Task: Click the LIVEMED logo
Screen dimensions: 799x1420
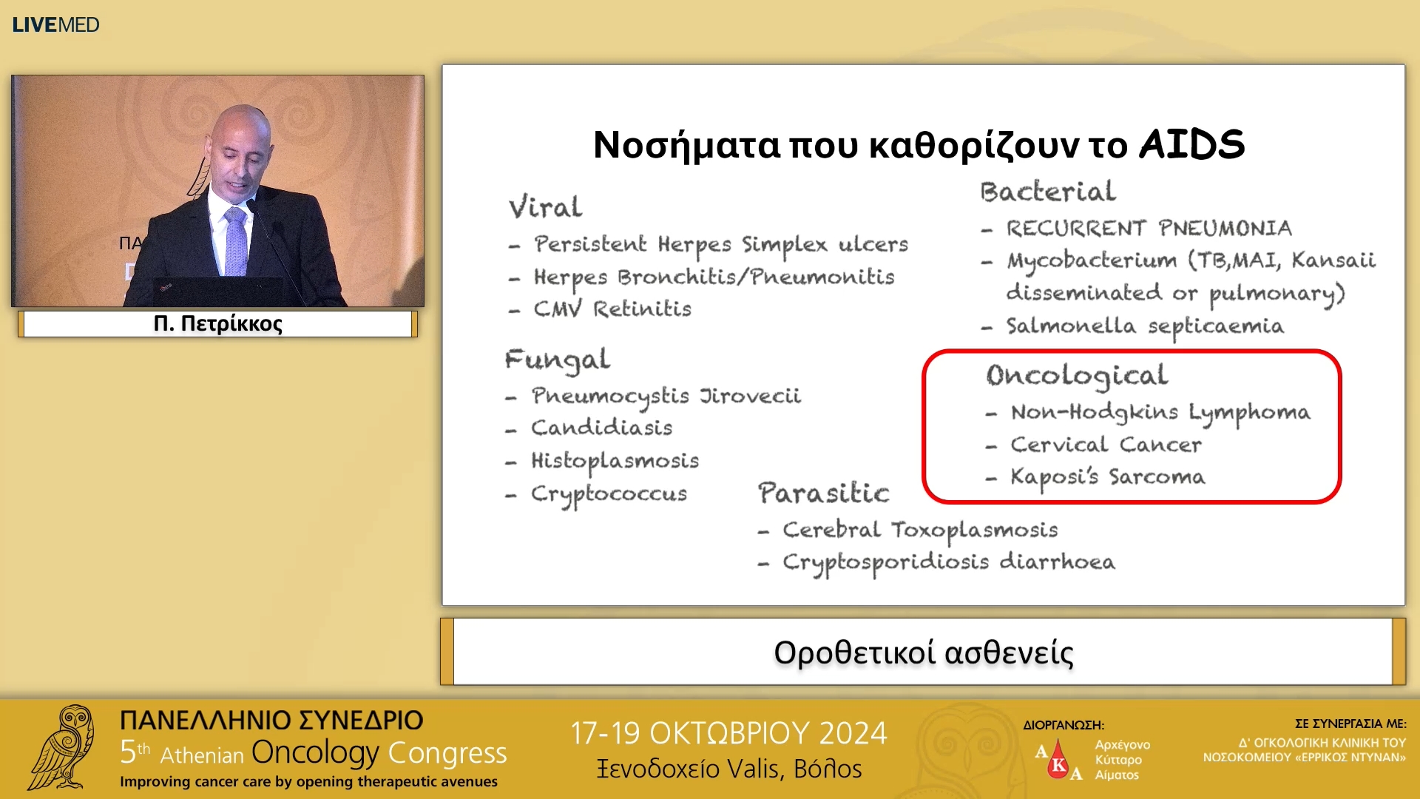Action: pyautogui.click(x=55, y=24)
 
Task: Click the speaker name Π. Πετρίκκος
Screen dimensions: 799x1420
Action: pyautogui.click(x=217, y=324)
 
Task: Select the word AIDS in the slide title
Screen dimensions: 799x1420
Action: pyautogui.click(x=1191, y=144)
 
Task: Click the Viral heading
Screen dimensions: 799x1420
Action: pyautogui.click(x=545, y=207)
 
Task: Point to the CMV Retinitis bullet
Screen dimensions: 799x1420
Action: pyautogui.click(x=612, y=309)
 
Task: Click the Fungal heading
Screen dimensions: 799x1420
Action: pyautogui.click(x=557, y=360)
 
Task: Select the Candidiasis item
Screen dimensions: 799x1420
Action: pyautogui.click(x=601, y=428)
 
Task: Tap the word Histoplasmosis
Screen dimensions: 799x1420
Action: pyautogui.click(x=615, y=461)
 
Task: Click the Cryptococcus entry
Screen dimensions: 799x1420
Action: pyautogui.click(x=609, y=493)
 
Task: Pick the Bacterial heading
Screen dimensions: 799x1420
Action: pyautogui.click(x=1047, y=192)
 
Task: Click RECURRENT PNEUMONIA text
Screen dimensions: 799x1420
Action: pyautogui.click(x=1149, y=228)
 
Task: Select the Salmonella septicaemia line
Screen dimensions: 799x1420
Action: pyautogui.click(x=1144, y=326)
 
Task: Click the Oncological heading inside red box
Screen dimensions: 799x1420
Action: pyautogui.click(x=1077, y=376)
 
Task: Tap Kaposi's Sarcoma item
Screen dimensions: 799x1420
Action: pyautogui.click(x=1107, y=477)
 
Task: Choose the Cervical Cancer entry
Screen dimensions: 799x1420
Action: pyautogui.click(x=1106, y=445)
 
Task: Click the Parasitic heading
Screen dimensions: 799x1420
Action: pyautogui.click(x=823, y=493)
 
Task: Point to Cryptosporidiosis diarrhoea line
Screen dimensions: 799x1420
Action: pyautogui.click(x=948, y=562)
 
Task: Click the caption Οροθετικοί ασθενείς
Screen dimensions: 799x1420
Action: pyautogui.click(x=923, y=653)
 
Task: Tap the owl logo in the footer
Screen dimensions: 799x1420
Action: pyautogui.click(x=63, y=747)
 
